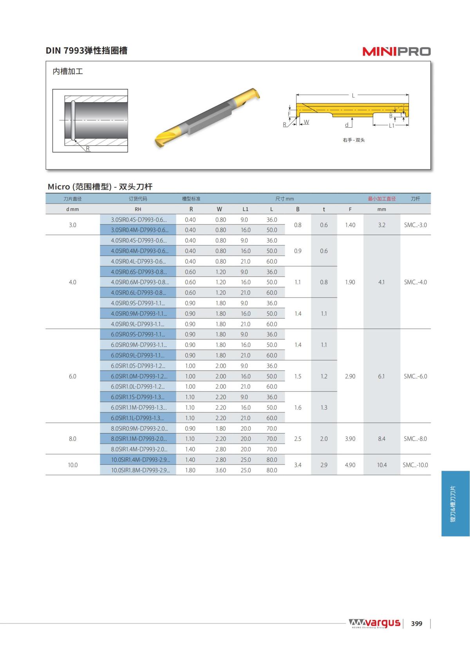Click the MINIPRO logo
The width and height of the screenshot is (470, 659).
396,51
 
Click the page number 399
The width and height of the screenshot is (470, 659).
416,623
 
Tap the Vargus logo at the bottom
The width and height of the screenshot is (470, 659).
374,623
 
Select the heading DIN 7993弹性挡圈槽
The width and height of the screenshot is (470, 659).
87,51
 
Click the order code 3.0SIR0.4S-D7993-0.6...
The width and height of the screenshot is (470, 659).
138,220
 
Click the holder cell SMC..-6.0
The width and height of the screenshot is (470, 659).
415,376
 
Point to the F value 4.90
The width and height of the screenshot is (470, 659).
350,465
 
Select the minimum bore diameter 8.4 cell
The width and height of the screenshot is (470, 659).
381,439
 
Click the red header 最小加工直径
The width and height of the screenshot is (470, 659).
381,199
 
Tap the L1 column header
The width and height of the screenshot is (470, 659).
245,209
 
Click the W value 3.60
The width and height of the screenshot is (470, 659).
221,470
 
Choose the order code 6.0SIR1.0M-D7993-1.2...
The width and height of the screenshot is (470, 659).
139,376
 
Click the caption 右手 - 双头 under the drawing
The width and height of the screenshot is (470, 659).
353,140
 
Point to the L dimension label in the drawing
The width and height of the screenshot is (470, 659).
353,95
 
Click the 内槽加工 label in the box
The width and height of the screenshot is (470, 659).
68,71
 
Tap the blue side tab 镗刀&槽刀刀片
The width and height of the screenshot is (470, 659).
454,504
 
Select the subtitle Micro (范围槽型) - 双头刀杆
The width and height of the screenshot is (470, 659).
100,186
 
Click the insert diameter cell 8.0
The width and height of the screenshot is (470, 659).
72,439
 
